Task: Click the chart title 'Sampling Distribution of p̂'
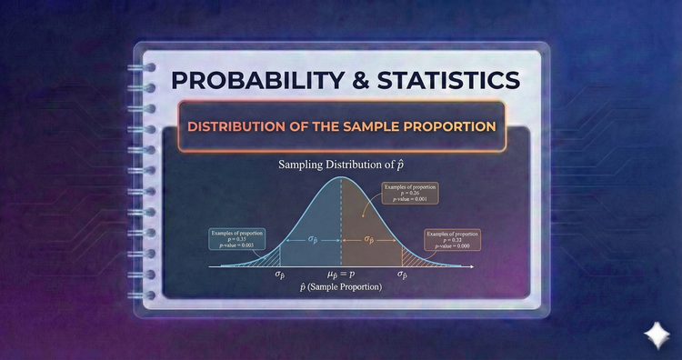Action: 340,165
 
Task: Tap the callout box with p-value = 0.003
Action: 239,240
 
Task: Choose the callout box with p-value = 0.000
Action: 453,240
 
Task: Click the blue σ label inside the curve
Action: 311,240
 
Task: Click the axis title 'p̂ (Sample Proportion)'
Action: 340,287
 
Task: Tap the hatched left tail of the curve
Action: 270,261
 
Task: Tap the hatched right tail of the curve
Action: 411,261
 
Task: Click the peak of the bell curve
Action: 340,179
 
